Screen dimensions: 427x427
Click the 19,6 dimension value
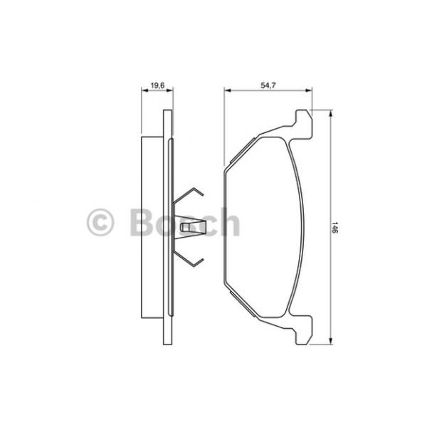tap(157, 85)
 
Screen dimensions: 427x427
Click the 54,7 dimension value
tap(268, 85)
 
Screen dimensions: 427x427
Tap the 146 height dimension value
tap(335, 228)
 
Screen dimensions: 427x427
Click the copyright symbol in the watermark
tap(100, 222)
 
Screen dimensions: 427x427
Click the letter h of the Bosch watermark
tap(229, 221)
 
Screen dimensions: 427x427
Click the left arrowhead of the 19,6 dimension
tap(144, 90)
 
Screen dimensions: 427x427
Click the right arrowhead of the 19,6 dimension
tap(169, 90)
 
